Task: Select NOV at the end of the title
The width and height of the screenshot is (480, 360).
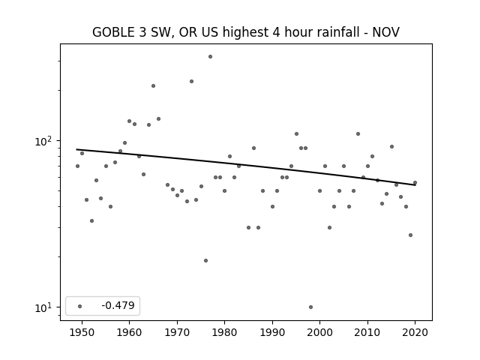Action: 385,32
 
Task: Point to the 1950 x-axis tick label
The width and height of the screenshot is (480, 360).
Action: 82,332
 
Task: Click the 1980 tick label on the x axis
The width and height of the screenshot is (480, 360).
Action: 225,332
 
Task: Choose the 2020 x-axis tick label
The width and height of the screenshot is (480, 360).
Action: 415,332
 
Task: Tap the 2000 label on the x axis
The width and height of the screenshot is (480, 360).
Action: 320,332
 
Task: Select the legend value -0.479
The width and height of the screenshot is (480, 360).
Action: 118,305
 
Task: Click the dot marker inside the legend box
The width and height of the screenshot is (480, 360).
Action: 80,306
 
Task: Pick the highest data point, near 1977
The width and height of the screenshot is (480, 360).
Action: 210,57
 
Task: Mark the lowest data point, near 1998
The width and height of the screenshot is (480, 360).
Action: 310,307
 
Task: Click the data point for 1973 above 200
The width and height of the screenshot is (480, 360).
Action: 191,82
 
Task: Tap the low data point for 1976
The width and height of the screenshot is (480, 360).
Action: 205,260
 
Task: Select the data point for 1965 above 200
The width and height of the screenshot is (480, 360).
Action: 153,86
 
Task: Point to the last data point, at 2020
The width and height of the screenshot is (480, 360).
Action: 415,183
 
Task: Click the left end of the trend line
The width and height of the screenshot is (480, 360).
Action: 76,149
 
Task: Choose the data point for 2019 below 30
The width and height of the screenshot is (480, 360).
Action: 410,235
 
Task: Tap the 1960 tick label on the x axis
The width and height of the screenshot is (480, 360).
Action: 129,332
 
